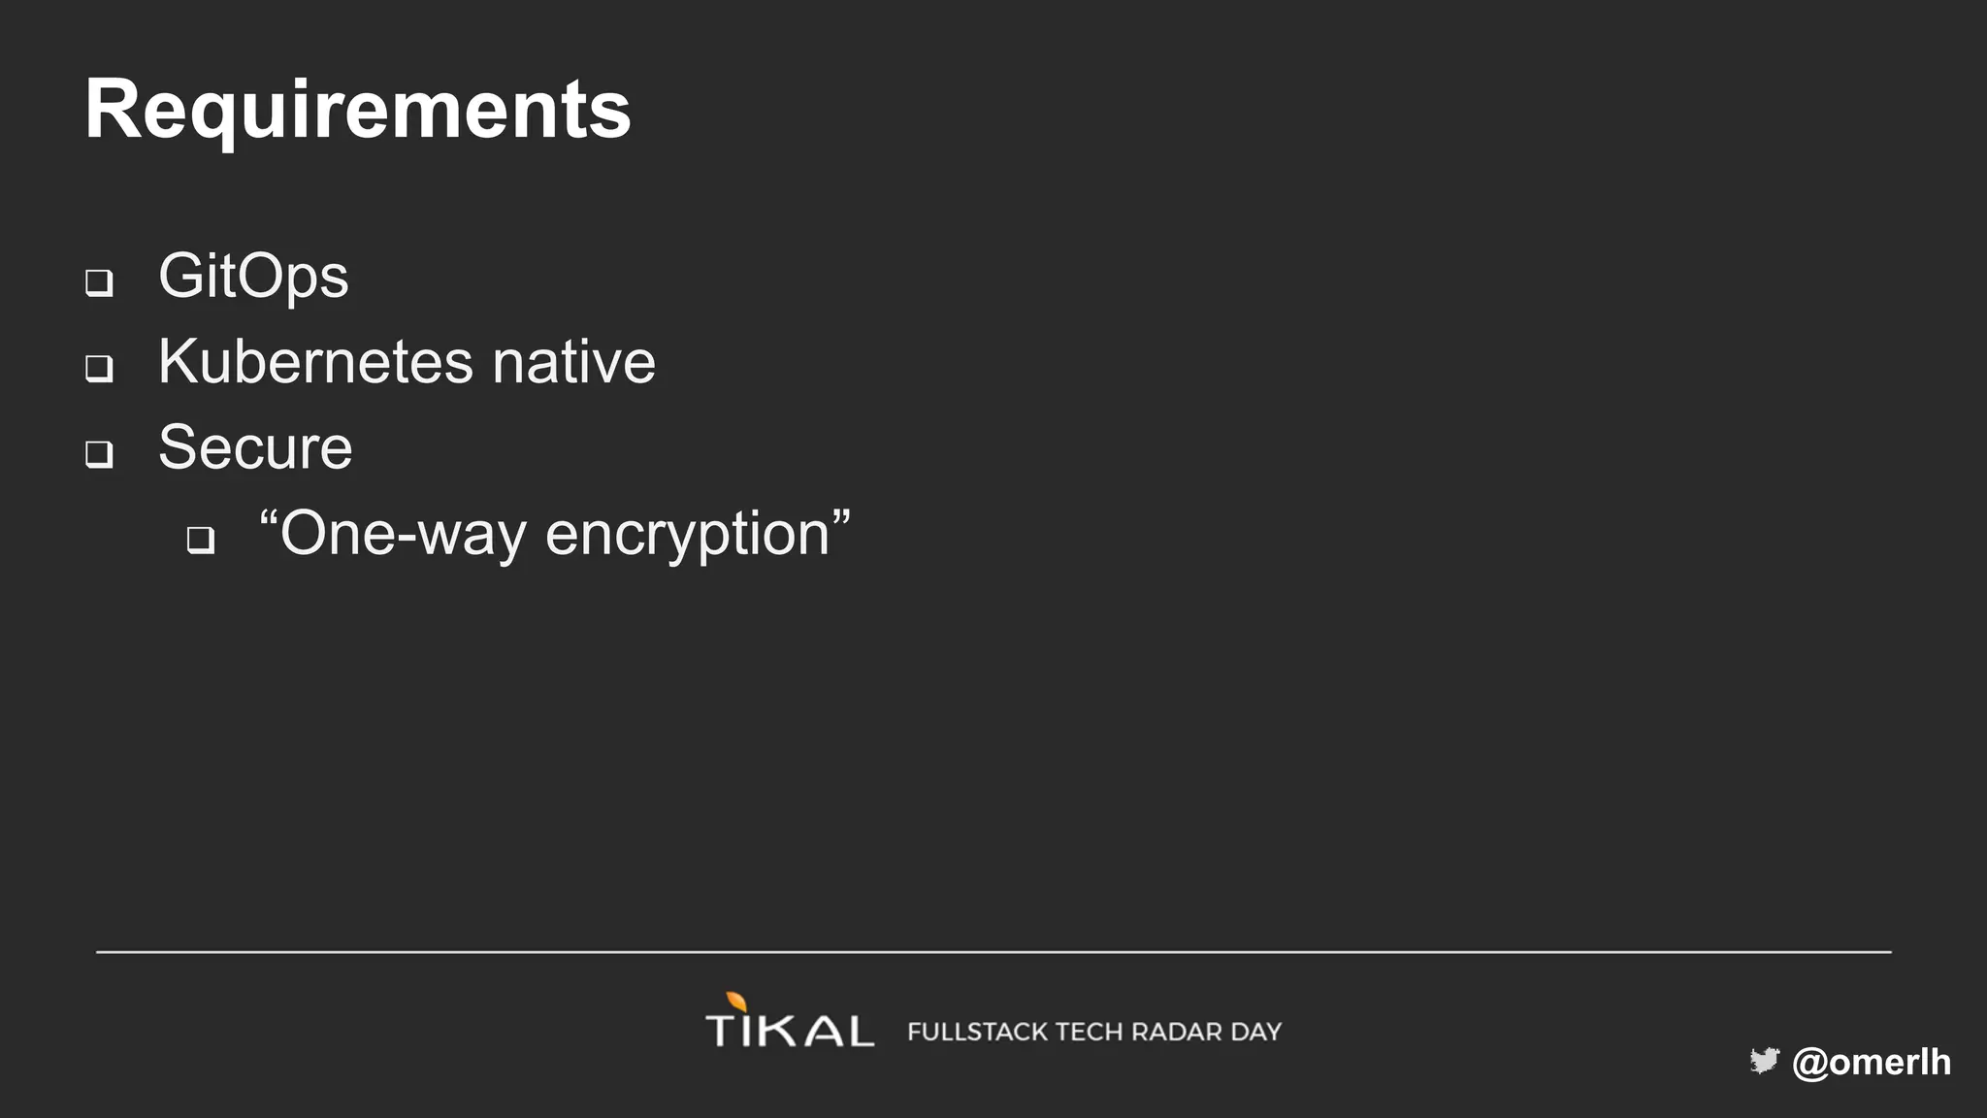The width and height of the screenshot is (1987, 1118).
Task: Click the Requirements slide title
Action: pos(357,110)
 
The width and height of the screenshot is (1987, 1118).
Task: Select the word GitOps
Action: pos(253,277)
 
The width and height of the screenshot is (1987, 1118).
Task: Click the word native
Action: pos(573,362)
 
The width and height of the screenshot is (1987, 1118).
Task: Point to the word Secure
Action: pos(255,447)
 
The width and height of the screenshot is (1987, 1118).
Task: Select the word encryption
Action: pos(688,534)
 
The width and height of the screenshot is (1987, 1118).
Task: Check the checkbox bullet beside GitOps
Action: pos(99,282)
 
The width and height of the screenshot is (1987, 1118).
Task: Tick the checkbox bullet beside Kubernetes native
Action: pos(99,368)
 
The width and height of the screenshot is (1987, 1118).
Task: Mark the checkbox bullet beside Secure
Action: pos(99,453)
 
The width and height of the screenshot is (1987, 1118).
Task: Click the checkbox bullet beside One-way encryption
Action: pos(201,540)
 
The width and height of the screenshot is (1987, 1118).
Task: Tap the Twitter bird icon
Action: pos(1764,1061)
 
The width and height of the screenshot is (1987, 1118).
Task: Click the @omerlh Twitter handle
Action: pos(1872,1062)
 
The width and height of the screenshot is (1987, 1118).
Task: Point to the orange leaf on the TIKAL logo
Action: pos(736,1002)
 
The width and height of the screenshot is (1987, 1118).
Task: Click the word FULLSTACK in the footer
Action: pos(977,1032)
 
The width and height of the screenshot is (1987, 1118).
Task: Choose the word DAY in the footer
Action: pos(1256,1032)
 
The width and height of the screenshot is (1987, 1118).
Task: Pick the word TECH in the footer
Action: pos(1090,1032)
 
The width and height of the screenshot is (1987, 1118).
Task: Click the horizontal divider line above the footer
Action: pos(993,952)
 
